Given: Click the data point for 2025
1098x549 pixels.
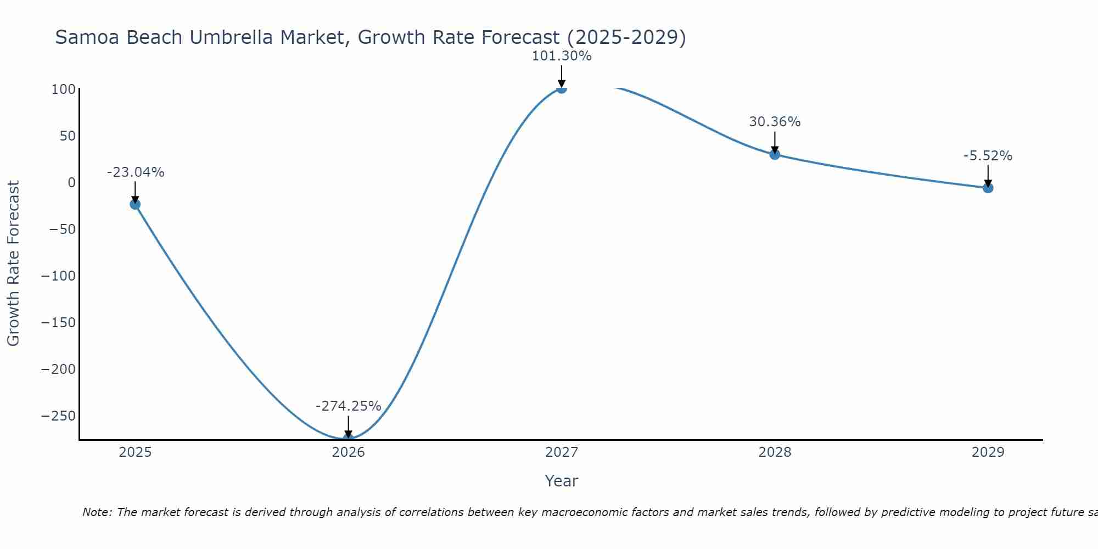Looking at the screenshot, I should point(135,204).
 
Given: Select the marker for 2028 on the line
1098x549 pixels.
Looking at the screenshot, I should point(775,154).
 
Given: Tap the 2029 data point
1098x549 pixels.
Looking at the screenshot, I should point(988,188).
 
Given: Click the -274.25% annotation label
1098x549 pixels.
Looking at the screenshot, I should point(348,406).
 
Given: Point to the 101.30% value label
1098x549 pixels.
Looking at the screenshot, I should point(561,56).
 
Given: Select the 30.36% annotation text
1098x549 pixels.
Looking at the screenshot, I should point(775,122).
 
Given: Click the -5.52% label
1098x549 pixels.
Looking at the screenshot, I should point(988,156).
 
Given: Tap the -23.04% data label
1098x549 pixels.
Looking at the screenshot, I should point(135,172).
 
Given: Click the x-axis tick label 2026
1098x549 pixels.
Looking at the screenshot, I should point(348,452).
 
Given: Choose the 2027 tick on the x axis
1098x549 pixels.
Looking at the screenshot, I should point(561,452).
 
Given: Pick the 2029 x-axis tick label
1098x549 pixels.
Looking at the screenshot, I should point(988,452).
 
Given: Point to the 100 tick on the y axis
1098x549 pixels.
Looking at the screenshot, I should point(63,89).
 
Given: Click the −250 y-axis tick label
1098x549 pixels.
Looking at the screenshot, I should point(58,416).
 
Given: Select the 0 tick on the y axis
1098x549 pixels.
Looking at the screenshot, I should point(71,182).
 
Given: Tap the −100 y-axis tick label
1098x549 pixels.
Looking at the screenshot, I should point(58,276).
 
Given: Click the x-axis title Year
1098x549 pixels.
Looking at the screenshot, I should point(561,481).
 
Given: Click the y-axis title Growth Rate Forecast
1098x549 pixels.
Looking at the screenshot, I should point(13,264).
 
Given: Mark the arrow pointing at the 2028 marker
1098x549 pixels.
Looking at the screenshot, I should point(775,142).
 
